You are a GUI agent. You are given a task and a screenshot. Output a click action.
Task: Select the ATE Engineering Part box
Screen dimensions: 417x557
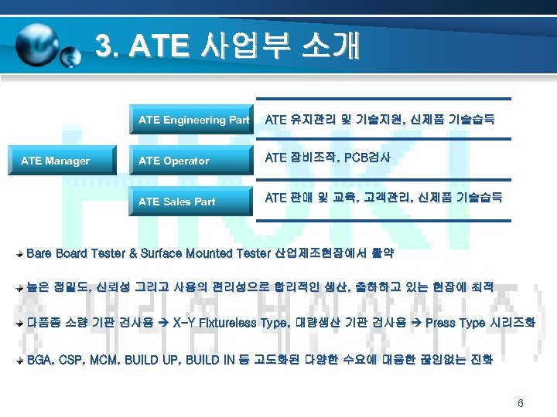click(x=193, y=120)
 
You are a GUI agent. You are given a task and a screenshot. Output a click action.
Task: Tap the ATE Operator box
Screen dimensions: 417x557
click(x=193, y=161)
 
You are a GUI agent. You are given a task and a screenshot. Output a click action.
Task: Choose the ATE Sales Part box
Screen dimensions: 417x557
click(x=193, y=202)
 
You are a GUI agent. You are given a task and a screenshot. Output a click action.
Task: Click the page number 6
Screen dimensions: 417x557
click(x=521, y=403)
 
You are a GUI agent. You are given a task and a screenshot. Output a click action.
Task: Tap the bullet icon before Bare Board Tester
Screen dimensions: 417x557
click(x=21, y=253)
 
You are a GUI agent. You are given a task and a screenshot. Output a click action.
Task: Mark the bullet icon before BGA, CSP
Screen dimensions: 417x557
click(x=21, y=361)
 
